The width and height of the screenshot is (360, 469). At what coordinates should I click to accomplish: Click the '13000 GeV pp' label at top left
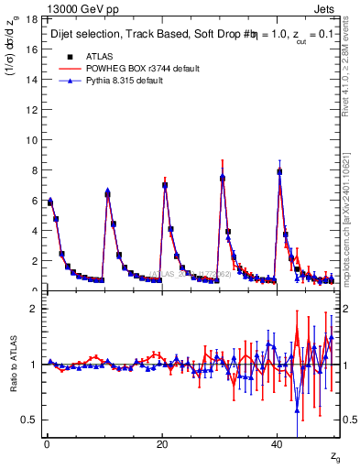(72, 7)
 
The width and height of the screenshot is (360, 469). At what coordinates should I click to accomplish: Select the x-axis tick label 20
(162, 444)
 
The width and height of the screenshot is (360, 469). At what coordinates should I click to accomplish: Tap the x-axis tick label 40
(278, 444)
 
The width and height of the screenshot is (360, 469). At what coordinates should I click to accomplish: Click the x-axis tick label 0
(47, 444)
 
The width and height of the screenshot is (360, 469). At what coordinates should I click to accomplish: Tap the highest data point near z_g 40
(279, 171)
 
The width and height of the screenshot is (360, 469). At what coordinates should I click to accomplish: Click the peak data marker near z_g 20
(165, 185)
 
